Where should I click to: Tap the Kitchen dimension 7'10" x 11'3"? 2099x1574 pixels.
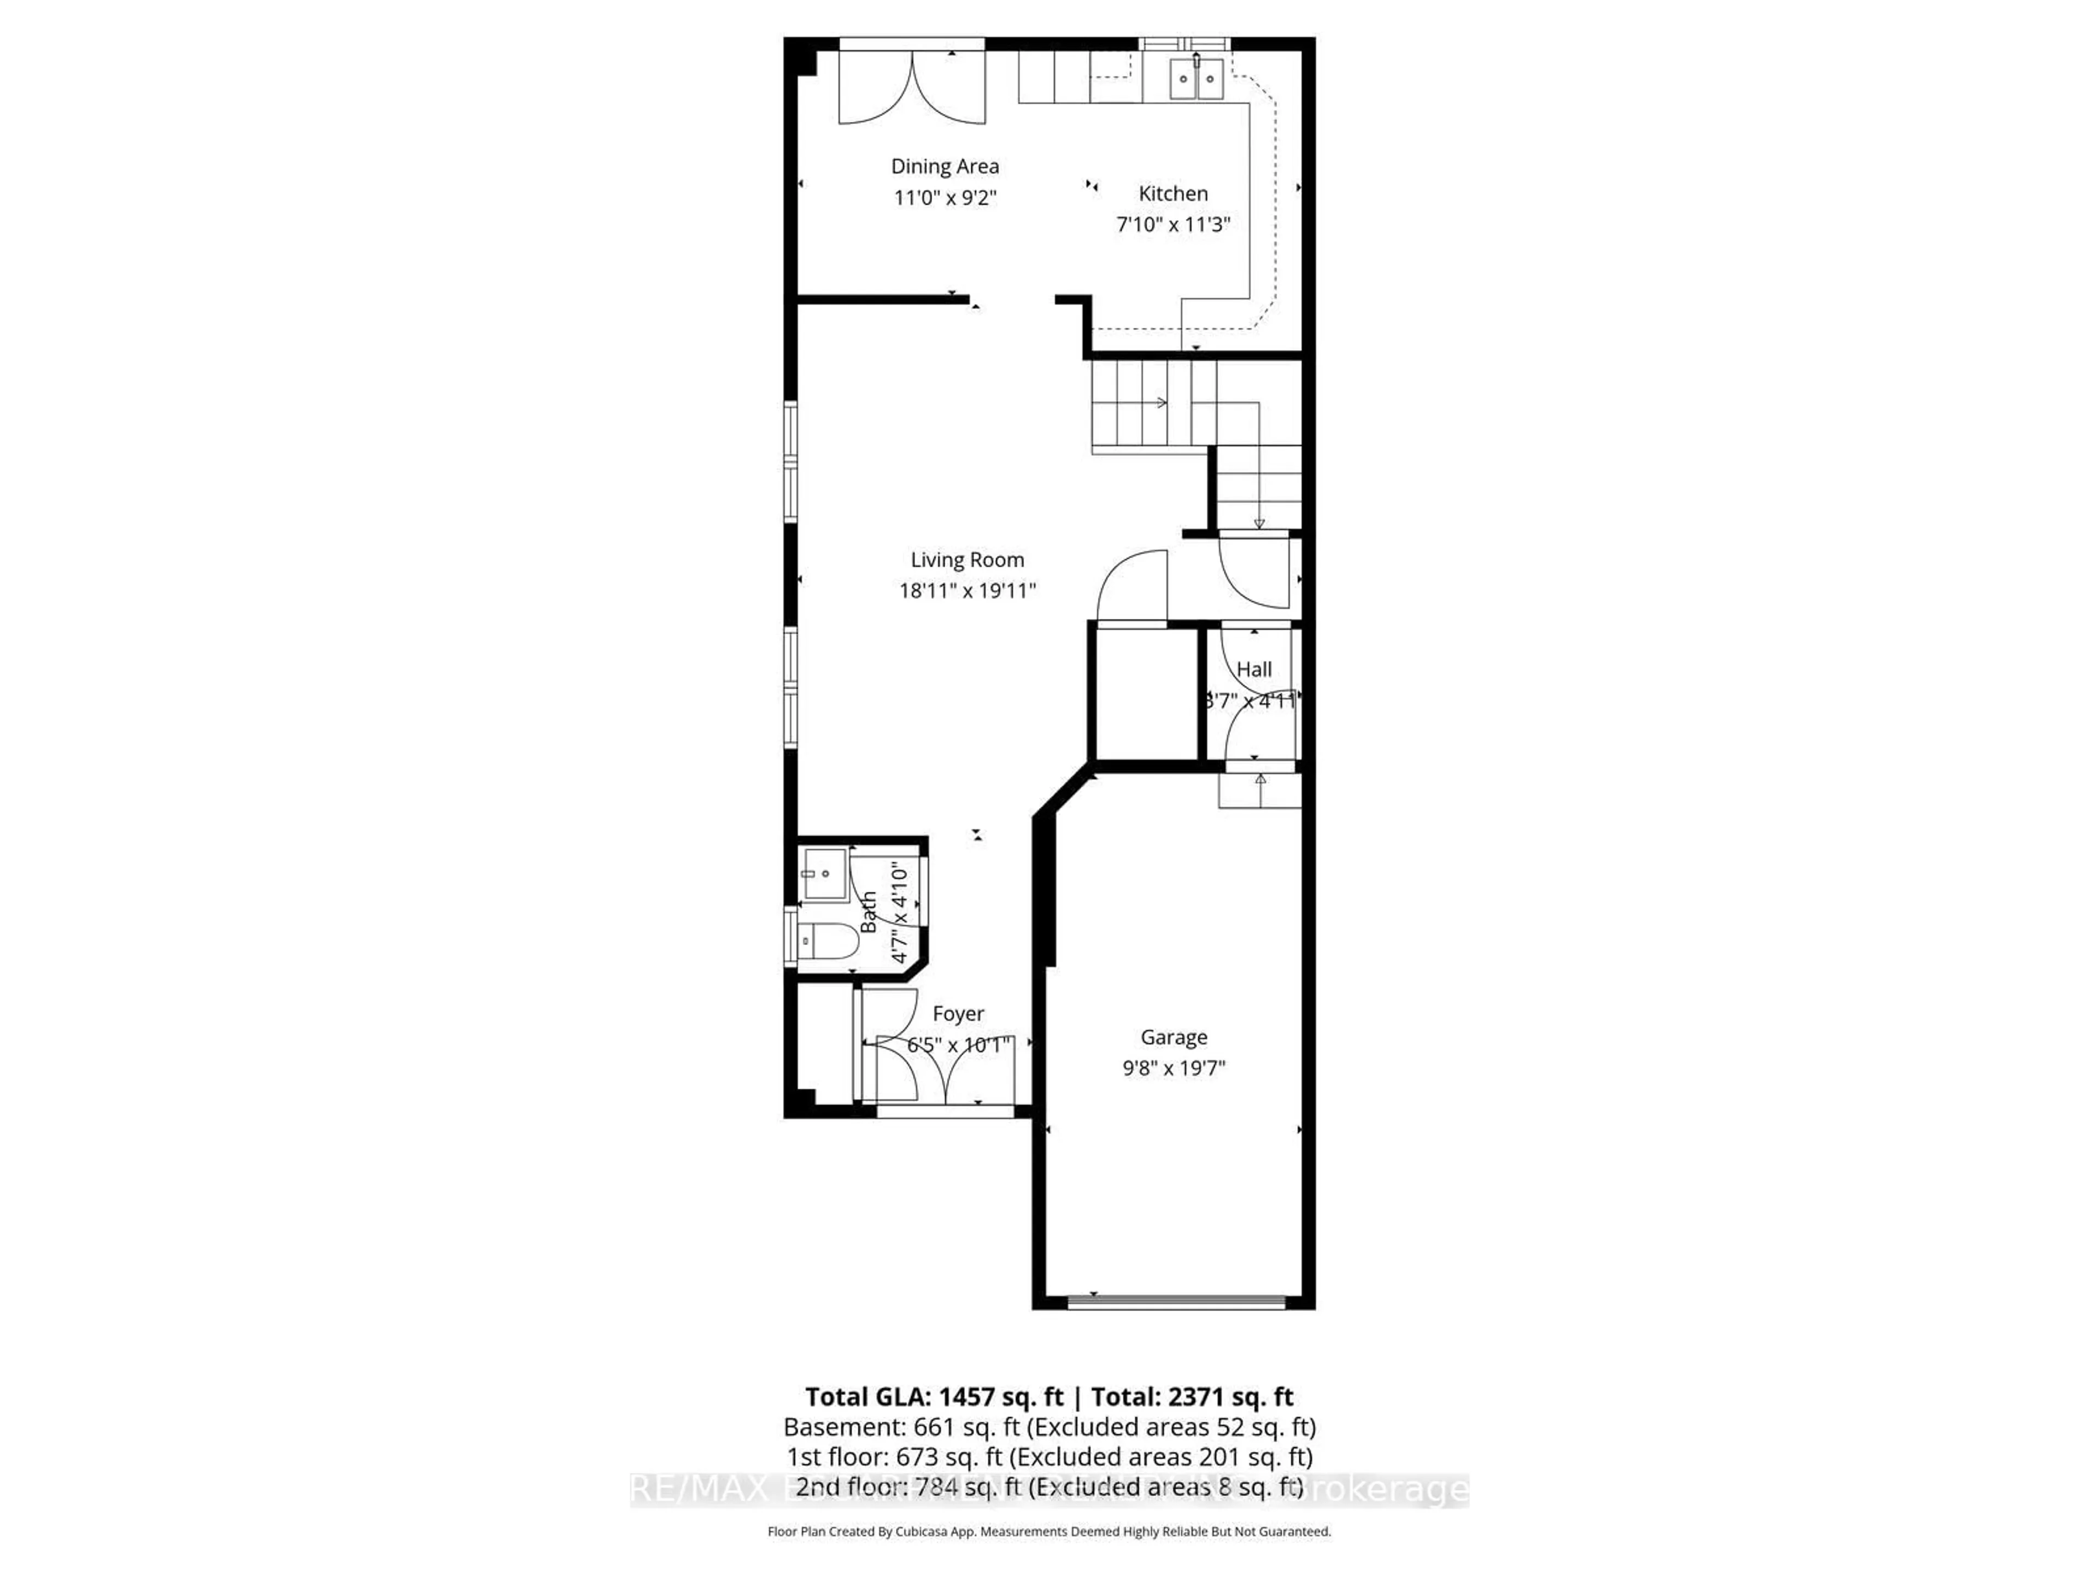tap(1173, 225)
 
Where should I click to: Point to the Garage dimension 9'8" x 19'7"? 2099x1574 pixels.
tap(1174, 1068)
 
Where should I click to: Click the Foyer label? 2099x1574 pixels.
tap(958, 1014)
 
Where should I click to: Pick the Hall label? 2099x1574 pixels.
tap(1253, 670)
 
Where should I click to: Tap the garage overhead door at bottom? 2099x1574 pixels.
tap(1177, 1302)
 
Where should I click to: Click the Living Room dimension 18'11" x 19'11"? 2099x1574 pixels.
tap(967, 591)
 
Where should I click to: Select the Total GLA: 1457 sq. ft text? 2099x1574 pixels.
tap(934, 1396)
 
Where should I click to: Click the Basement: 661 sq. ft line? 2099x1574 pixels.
tap(1048, 1427)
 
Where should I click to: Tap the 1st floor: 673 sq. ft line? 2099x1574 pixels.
tap(1048, 1456)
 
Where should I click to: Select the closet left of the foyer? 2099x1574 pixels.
tap(824, 1044)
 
